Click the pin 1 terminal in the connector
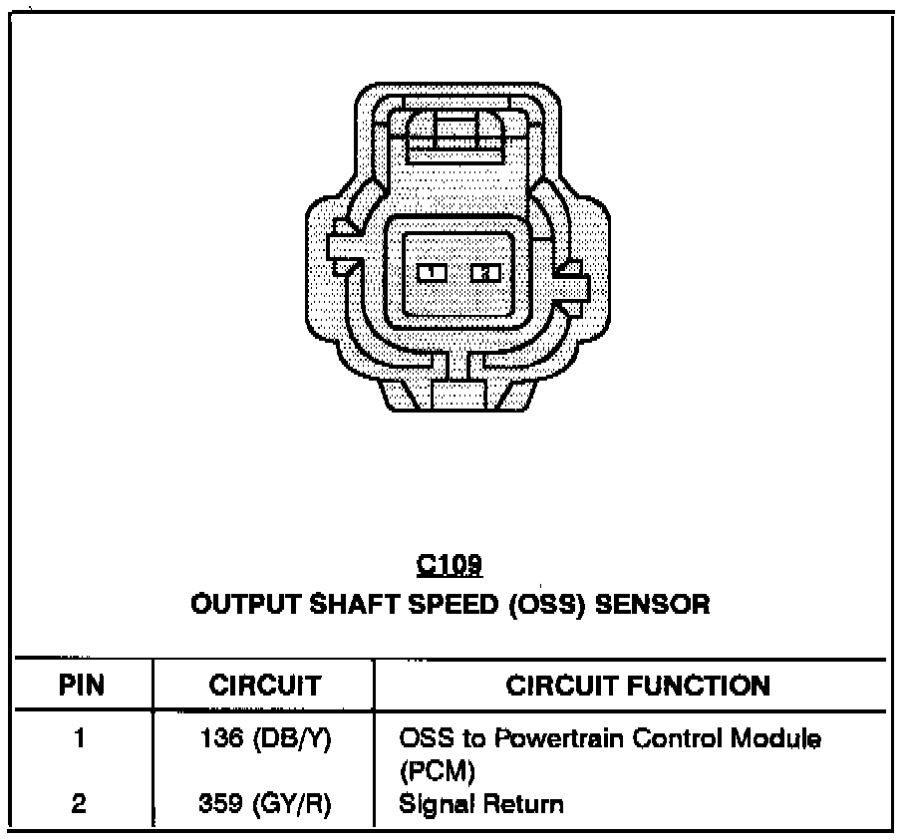point(431,271)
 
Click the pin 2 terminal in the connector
point(485,271)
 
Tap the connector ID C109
point(449,566)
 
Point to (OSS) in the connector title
point(544,604)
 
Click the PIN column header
point(83,686)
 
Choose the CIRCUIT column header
point(264,686)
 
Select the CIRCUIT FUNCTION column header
point(638,686)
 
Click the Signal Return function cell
point(480,803)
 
